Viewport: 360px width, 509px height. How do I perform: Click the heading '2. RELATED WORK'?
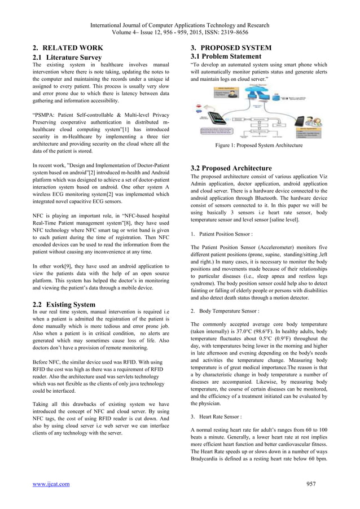pos(68,47)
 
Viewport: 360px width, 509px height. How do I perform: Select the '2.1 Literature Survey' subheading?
pos(67,57)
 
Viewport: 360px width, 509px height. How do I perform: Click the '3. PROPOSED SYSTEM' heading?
pos(231,47)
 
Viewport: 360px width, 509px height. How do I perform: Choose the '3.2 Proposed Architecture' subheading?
pos(231,168)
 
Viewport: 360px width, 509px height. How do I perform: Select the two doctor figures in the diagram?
pos(313,121)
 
